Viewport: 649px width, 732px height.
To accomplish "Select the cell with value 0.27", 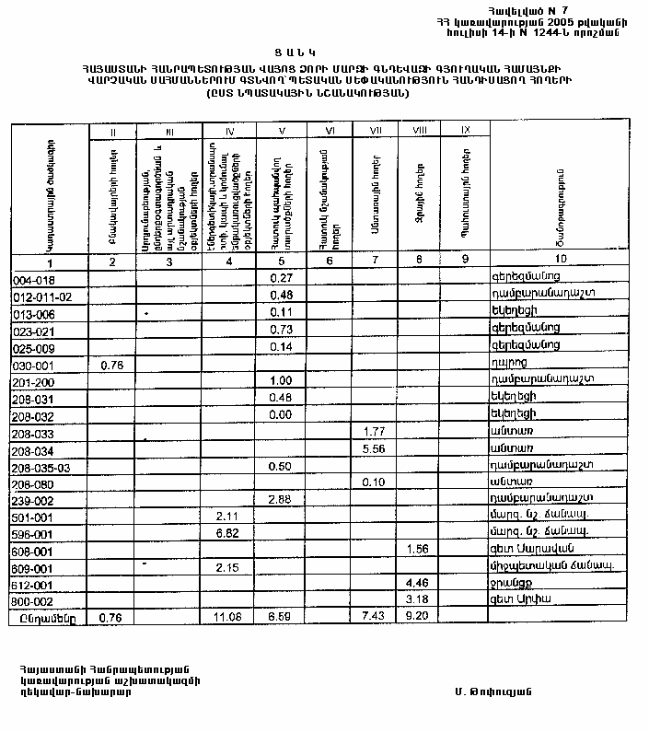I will [281, 277].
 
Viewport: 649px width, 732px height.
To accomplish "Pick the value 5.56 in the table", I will [374, 448].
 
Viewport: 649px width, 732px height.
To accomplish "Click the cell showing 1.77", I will [374, 431].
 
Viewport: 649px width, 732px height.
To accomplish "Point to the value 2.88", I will [281, 498].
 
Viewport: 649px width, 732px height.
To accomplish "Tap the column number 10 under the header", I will [561, 261].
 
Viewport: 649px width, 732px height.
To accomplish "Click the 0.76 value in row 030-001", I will [110, 363].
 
